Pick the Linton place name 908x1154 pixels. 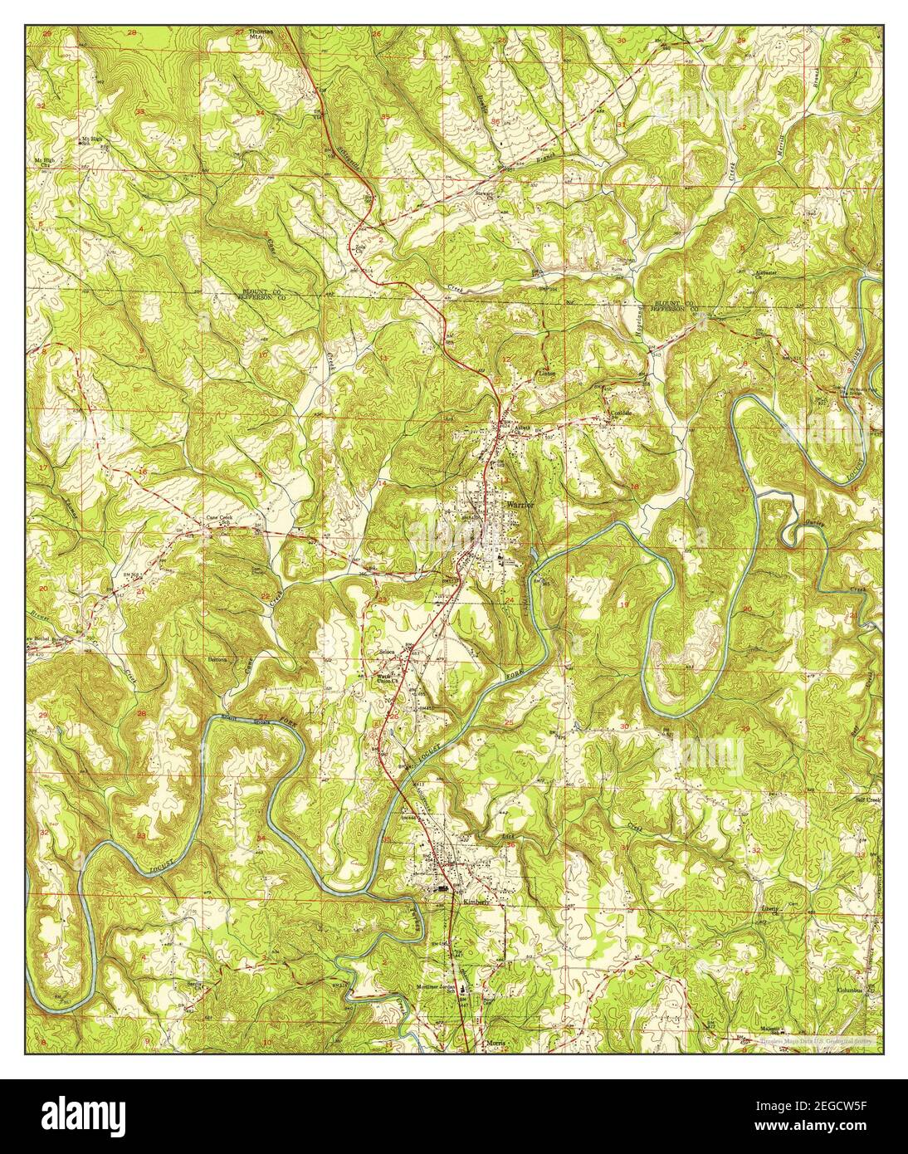click(x=546, y=374)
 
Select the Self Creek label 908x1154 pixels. click(x=867, y=800)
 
